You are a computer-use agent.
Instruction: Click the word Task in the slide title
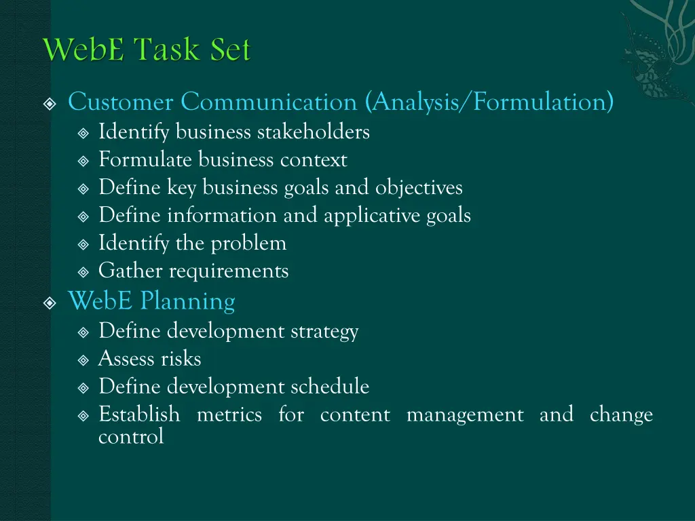point(164,50)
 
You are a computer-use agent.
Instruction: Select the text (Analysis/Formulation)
point(489,102)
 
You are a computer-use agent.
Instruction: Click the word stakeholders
point(313,132)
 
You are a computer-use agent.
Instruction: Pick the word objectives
point(419,187)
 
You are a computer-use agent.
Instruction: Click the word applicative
point(372,216)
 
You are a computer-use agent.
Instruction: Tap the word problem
point(248,243)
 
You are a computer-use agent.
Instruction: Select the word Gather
point(130,271)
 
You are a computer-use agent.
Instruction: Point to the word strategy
point(324,332)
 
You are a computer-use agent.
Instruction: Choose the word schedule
point(330,387)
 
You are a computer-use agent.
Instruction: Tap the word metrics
point(229,414)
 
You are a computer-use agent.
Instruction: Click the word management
point(465,414)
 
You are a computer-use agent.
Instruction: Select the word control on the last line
point(131,437)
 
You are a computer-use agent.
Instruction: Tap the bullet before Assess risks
point(83,360)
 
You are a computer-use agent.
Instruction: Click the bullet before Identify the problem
point(83,244)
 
